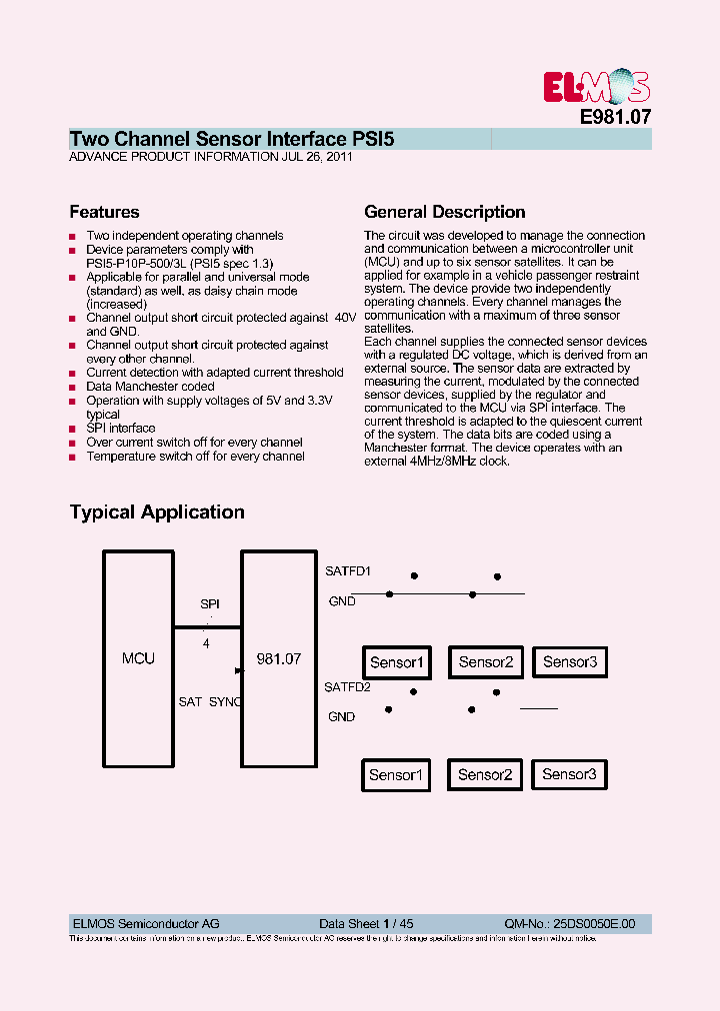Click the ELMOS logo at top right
pyautogui.click(x=596, y=87)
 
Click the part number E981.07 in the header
pyautogui.click(x=615, y=116)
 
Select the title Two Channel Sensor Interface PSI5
pyautogui.click(x=231, y=139)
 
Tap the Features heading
pyautogui.click(x=104, y=212)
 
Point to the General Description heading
pyautogui.click(x=444, y=212)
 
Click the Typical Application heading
pyautogui.click(x=157, y=511)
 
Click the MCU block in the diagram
pyautogui.click(x=138, y=658)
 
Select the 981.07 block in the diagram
pyautogui.click(x=278, y=658)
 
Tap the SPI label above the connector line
pyautogui.click(x=209, y=604)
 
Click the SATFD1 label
pyautogui.click(x=347, y=571)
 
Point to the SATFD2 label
pyautogui.click(x=347, y=687)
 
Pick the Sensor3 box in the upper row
pyautogui.click(x=569, y=661)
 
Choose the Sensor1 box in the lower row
pyautogui.click(x=397, y=775)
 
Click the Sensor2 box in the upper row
pyautogui.click(x=485, y=662)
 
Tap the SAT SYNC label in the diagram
pyautogui.click(x=210, y=702)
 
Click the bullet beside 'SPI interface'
pyautogui.click(x=73, y=430)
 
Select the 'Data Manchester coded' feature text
pyautogui.click(x=150, y=387)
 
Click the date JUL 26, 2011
pyautogui.click(x=317, y=157)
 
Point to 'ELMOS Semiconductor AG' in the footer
pyautogui.click(x=146, y=924)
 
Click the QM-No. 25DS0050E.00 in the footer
pyautogui.click(x=569, y=924)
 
